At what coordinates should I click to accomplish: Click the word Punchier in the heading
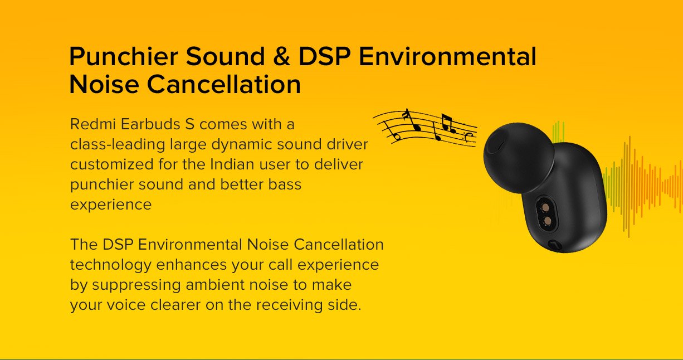click(x=124, y=56)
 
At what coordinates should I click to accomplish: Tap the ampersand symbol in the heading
click(x=282, y=56)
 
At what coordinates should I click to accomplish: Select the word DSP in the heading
click(x=324, y=56)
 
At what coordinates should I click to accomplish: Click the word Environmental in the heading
click(x=447, y=56)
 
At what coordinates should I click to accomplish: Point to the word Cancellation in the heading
click(x=224, y=84)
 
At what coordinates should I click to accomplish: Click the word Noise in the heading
click(x=104, y=84)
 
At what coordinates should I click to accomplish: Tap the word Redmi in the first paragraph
click(x=93, y=124)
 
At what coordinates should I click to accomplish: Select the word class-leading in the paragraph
click(x=118, y=144)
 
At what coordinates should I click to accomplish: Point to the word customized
click(x=111, y=164)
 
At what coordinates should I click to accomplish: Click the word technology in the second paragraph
click(x=111, y=265)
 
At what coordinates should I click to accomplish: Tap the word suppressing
click(x=136, y=285)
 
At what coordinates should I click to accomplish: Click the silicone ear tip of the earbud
click(x=518, y=158)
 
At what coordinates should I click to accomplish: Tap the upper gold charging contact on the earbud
click(x=545, y=208)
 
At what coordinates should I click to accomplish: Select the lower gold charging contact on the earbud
click(x=548, y=221)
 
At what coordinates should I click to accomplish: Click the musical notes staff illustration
click(x=426, y=128)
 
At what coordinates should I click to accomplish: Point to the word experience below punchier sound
click(x=111, y=205)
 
